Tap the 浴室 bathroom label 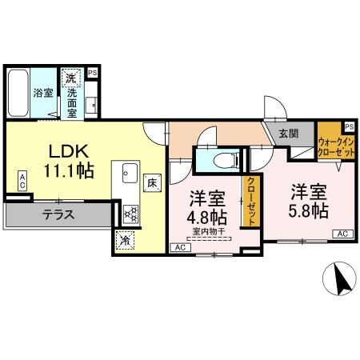coord(42,93)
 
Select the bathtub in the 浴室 coord(18,93)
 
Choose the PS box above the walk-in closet coord(350,126)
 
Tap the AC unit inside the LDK coord(23,180)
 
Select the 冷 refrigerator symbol coord(126,238)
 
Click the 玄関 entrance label coord(287,134)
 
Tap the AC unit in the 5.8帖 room coord(342,234)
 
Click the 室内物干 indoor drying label coord(207,232)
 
